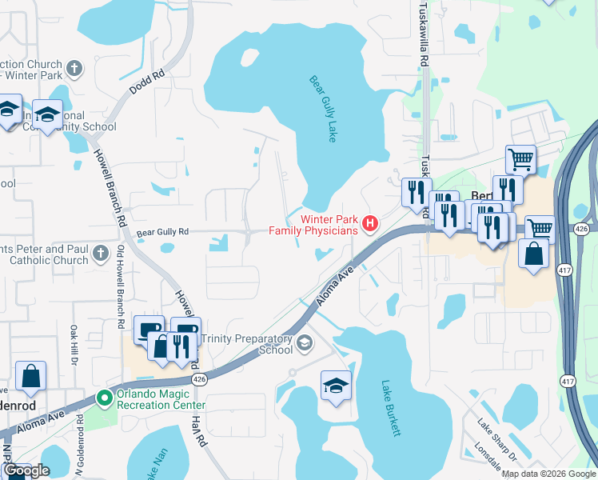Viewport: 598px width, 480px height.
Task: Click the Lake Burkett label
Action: tap(390, 408)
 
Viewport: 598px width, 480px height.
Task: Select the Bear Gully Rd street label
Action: tap(162, 233)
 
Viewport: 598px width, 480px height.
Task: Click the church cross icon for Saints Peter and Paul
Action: tap(100, 254)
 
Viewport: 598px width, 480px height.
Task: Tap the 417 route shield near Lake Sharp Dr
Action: tap(568, 382)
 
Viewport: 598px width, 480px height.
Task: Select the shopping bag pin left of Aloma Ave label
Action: tap(30, 377)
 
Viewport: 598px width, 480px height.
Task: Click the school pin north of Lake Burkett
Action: tap(337, 386)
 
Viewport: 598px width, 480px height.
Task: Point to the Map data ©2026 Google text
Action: tap(548, 474)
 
